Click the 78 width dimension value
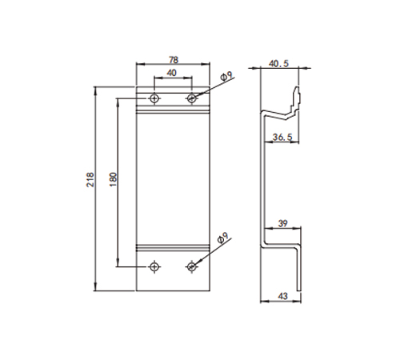click(x=174, y=60)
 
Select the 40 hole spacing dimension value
click(x=173, y=73)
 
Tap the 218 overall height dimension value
click(x=90, y=179)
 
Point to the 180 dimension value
click(x=114, y=179)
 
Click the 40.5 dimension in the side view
click(x=278, y=64)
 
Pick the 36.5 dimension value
click(x=282, y=138)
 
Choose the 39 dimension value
click(x=282, y=223)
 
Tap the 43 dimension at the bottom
click(x=282, y=296)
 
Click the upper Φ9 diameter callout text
click(x=227, y=76)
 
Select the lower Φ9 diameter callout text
click(x=223, y=238)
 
